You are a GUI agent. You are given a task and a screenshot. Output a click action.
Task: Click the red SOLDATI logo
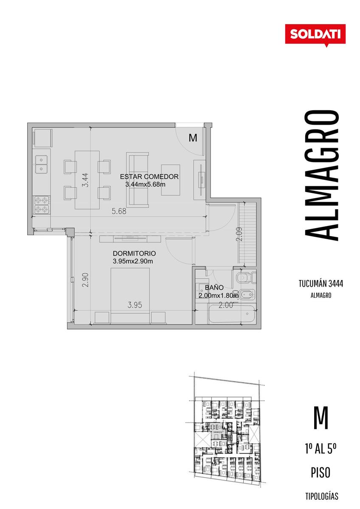pyautogui.click(x=315, y=35)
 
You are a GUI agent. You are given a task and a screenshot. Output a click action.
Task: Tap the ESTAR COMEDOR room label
pyautogui.click(x=149, y=176)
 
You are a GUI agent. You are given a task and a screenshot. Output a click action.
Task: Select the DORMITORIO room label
pyautogui.click(x=134, y=253)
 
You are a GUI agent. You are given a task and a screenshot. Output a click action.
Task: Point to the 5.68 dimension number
pyautogui.click(x=119, y=211)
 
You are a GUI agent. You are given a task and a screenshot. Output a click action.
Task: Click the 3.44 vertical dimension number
pyautogui.click(x=85, y=180)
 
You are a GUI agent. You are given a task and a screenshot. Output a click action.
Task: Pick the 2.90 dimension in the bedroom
pyautogui.click(x=85, y=280)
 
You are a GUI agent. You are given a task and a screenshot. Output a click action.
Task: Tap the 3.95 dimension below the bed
pyautogui.click(x=135, y=305)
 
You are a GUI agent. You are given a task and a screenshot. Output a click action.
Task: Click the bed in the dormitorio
pyautogui.click(x=130, y=295)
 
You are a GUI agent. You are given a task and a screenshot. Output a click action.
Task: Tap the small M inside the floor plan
pyautogui.click(x=193, y=138)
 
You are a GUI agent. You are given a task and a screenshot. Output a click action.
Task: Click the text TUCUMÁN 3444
pyautogui.click(x=321, y=284)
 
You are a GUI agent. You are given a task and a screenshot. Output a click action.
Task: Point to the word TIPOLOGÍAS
pyautogui.click(x=322, y=496)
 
